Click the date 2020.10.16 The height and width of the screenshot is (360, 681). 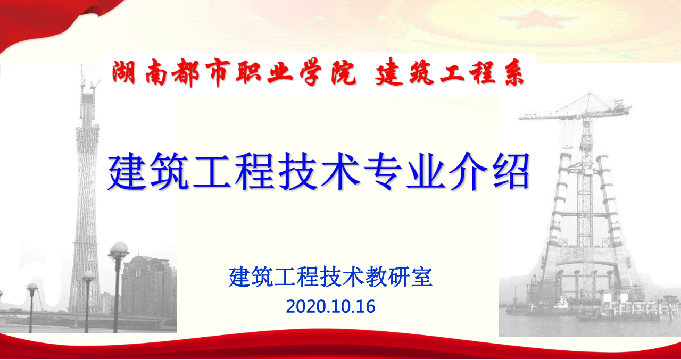coord(330,306)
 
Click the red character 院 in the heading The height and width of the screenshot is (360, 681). coord(343,73)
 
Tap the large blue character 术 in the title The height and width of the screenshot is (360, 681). coord(340,172)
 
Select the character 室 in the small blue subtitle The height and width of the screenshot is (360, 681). coord(421,277)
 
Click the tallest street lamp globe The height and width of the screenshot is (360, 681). coord(119,248)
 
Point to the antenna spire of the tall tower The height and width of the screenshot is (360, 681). coord(81,76)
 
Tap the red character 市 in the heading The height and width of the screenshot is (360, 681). coord(217,73)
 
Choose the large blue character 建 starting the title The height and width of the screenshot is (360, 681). coord(127,172)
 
